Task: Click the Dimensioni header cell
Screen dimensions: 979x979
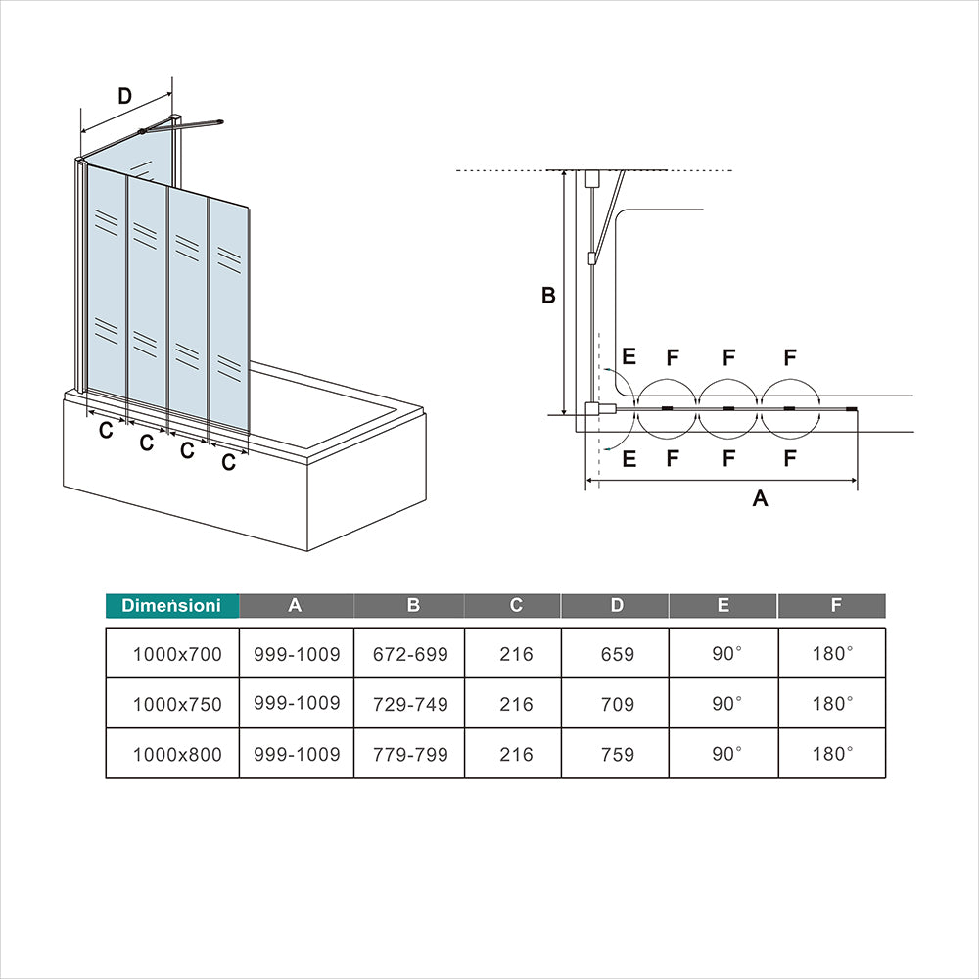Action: (171, 606)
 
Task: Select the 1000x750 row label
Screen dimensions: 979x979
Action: (177, 704)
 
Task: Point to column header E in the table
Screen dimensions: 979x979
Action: (723, 605)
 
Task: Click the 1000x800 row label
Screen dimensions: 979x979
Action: (177, 755)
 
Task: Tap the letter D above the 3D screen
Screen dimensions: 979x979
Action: (124, 96)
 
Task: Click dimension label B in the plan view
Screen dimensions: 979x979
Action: (548, 296)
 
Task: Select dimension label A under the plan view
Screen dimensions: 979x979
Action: (760, 498)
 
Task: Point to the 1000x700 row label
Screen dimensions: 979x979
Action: (177, 654)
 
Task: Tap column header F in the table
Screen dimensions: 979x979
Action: (835, 605)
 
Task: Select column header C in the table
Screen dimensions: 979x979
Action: (516, 605)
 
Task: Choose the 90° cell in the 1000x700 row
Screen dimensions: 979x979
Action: (725, 653)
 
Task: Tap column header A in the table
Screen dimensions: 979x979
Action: (295, 605)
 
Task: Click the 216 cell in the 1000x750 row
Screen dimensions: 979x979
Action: (516, 704)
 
